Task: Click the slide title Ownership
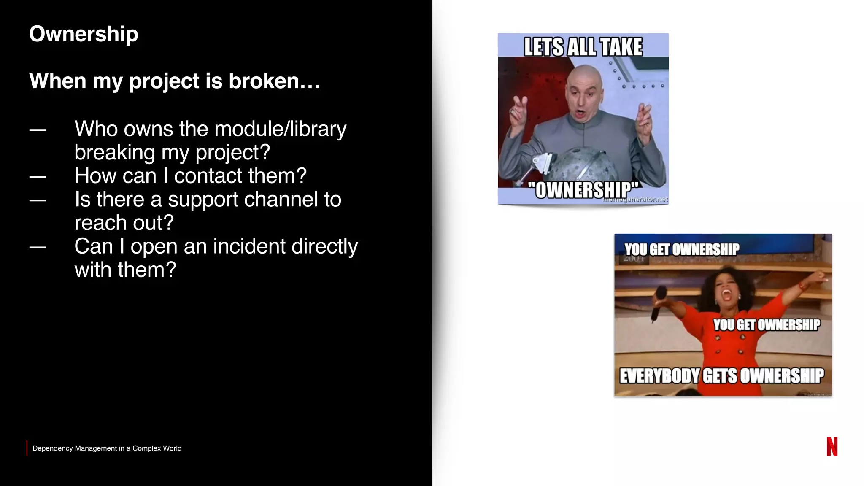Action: point(84,34)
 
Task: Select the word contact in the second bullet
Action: point(208,176)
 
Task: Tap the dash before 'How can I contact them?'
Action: point(38,176)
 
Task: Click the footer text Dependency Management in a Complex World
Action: point(107,448)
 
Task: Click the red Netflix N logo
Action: point(832,446)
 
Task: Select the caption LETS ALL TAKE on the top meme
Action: point(583,47)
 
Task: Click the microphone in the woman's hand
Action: point(658,302)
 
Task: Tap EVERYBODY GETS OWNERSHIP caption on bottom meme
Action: point(721,375)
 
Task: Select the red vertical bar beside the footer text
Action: point(27,448)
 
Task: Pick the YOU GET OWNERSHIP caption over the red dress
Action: point(767,325)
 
